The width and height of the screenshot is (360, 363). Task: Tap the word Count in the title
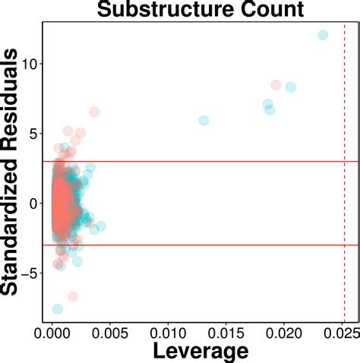[x=254, y=11]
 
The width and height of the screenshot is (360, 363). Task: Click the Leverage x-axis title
[x=201, y=350]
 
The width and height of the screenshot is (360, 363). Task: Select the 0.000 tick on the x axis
[x=52, y=332]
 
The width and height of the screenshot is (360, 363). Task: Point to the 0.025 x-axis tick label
[x=339, y=332]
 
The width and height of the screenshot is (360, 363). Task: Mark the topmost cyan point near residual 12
[x=323, y=35]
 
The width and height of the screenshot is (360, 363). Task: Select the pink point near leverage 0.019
[x=276, y=85]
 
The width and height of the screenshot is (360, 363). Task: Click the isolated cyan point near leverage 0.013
[x=204, y=120]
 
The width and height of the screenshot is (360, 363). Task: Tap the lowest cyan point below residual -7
[x=58, y=308]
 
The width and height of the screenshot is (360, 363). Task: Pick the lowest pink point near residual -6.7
[x=73, y=296]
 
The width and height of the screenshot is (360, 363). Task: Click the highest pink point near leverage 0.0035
[x=94, y=112]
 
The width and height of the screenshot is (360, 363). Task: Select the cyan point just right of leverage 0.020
[x=290, y=87]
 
